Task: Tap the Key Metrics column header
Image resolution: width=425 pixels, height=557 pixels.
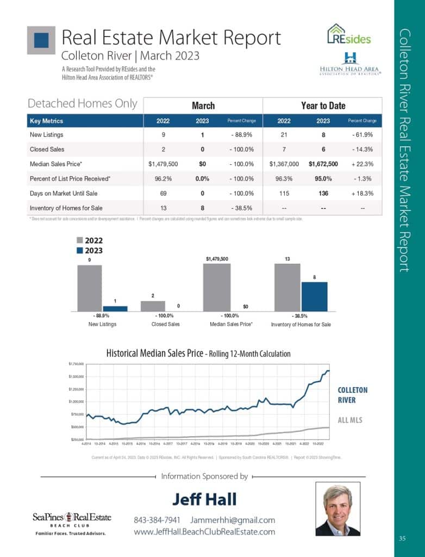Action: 46,121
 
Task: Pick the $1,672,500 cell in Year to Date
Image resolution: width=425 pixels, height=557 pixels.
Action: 323,163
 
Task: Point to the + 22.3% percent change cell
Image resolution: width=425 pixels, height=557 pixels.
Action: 362,163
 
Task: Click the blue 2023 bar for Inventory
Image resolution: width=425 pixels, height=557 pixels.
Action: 314,296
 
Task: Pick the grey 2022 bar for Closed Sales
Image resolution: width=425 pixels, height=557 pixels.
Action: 152,306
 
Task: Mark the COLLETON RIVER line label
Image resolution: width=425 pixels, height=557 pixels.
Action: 353,394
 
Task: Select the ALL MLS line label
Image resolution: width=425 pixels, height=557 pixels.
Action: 351,420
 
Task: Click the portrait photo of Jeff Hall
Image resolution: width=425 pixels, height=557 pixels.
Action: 337,510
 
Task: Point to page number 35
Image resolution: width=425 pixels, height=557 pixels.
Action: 402,539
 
